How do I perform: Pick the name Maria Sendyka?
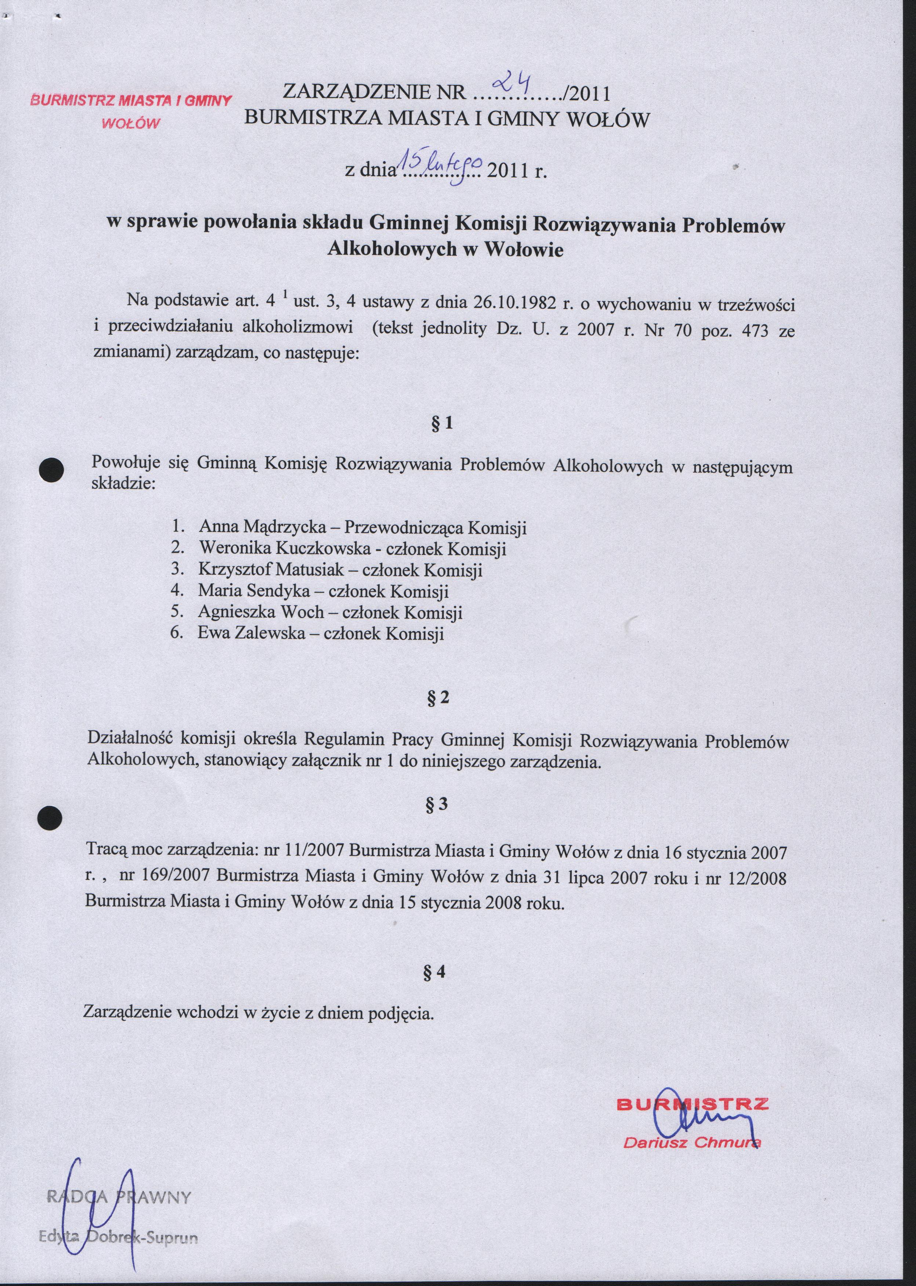[254, 591]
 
